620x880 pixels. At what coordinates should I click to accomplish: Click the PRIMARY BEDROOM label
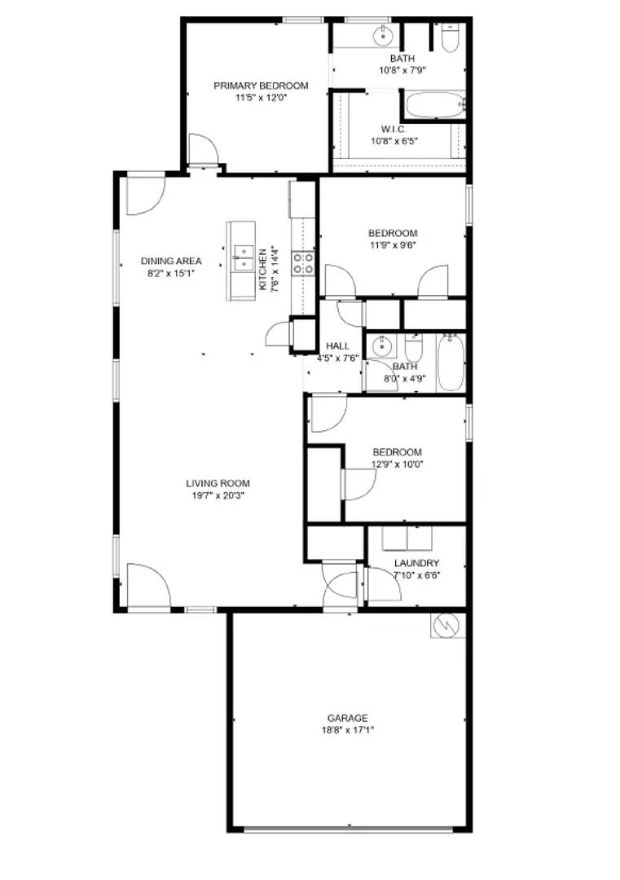click(261, 86)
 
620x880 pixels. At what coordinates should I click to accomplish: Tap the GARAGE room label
click(348, 718)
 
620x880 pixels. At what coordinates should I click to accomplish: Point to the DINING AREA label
click(171, 262)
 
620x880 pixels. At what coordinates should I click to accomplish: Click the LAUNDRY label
click(416, 563)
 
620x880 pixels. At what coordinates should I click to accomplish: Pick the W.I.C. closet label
click(394, 130)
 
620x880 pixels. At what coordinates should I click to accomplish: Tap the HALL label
click(337, 346)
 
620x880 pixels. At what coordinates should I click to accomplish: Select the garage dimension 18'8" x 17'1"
click(348, 730)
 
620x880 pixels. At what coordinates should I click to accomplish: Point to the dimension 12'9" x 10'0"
click(397, 464)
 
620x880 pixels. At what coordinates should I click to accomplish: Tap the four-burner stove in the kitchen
click(305, 262)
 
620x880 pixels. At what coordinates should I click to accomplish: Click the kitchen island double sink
click(242, 257)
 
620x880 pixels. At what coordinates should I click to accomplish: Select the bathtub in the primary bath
click(433, 105)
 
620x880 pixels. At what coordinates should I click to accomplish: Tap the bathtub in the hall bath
click(451, 363)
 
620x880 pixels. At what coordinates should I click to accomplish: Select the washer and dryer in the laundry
click(408, 539)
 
